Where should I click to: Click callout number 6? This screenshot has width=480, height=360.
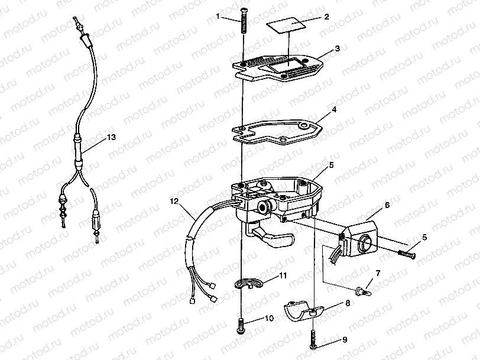(x=387, y=205)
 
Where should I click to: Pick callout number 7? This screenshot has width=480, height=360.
(x=378, y=273)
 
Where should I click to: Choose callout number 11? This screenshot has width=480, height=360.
(x=283, y=275)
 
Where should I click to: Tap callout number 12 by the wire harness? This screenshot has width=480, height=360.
(x=174, y=202)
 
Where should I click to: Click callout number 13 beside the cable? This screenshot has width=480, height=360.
(x=111, y=137)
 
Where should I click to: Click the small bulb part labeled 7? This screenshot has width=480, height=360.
(x=361, y=290)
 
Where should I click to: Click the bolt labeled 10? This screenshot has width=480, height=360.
(x=242, y=324)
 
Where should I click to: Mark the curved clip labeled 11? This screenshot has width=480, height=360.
(x=251, y=283)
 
